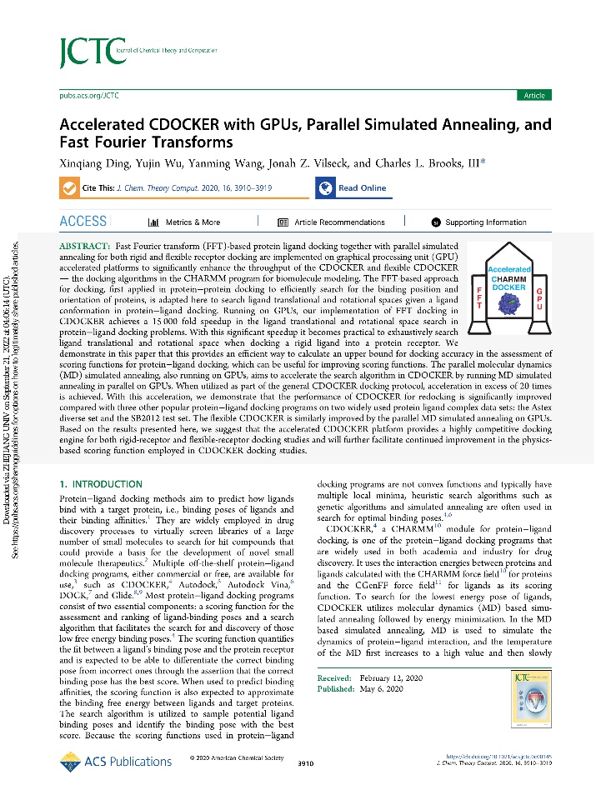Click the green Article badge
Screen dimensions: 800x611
[533, 96]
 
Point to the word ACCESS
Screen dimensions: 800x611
[83, 222]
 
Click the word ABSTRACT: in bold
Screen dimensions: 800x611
[85, 248]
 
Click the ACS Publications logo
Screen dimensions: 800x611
[117, 760]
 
